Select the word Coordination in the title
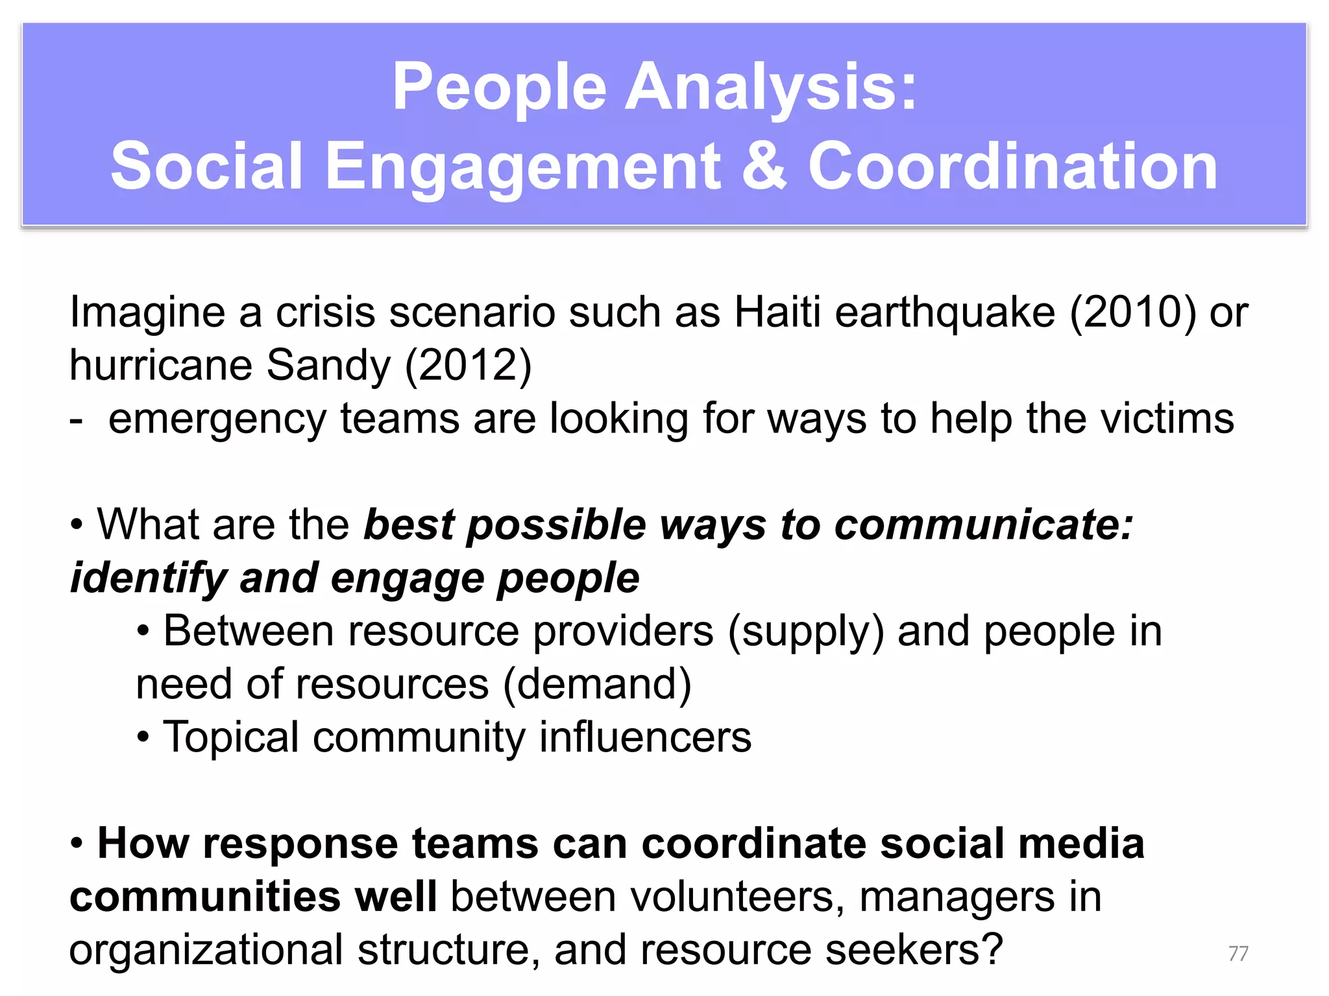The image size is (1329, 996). tap(1012, 167)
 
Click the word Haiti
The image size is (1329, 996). tap(777, 312)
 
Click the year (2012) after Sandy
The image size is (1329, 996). tap(468, 365)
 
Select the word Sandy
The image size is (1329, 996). tap(328, 365)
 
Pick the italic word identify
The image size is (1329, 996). tap(148, 578)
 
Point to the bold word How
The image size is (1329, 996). tap(143, 844)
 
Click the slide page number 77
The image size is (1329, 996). tap(1238, 953)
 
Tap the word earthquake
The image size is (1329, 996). tap(945, 312)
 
